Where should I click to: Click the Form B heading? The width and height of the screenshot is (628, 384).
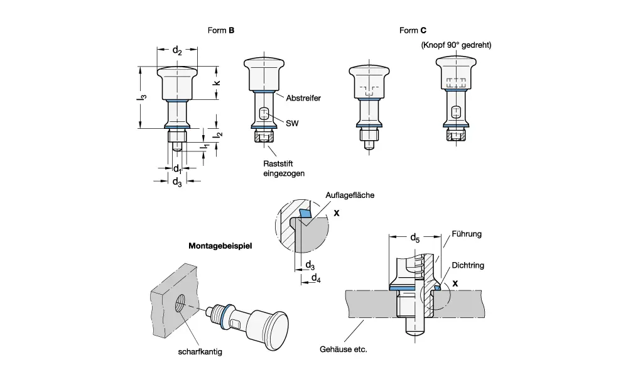coord(221,30)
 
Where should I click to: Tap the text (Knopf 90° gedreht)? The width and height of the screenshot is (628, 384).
coord(455,45)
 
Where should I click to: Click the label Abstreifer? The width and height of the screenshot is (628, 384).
coord(303,99)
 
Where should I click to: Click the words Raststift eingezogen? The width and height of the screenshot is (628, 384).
coord(283,168)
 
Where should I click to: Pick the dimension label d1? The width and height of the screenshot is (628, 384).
coord(177,169)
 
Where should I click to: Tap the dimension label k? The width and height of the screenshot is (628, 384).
coord(217,82)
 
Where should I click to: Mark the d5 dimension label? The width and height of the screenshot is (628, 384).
coord(414,238)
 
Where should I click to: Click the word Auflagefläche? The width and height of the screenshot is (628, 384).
coord(350,195)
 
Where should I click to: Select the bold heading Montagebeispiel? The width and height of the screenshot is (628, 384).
coord(220,246)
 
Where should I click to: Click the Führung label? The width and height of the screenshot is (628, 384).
coord(467,234)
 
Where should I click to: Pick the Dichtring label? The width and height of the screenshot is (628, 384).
coord(468,266)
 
